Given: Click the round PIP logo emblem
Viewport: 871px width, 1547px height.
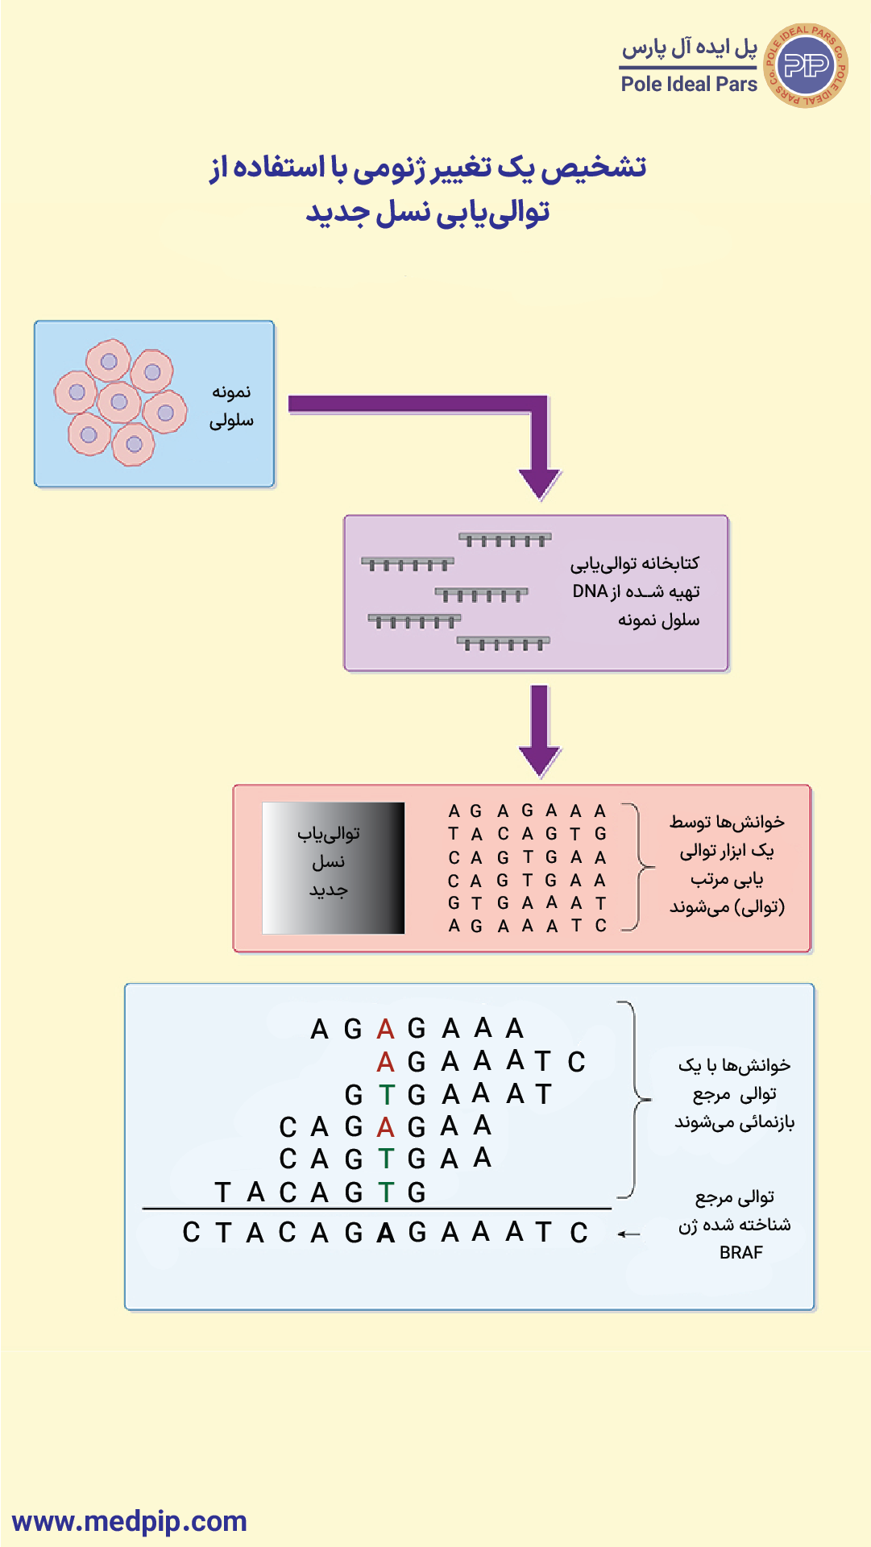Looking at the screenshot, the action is (x=805, y=65).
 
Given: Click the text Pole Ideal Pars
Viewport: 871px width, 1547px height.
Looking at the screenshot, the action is (x=689, y=84).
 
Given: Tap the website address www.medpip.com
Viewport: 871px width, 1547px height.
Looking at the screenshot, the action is (x=130, y=1521).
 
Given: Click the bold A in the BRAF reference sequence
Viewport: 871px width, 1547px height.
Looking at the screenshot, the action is (x=385, y=1233).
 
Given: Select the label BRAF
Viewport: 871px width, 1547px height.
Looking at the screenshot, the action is (x=740, y=1252).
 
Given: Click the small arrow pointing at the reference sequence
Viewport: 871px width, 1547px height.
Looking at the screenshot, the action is (x=628, y=1234).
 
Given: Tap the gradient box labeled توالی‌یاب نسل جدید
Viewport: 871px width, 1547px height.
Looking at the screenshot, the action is (x=333, y=868).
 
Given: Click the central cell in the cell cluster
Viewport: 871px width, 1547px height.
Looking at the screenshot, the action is (x=119, y=401).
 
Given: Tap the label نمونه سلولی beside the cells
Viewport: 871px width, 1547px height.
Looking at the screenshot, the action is (x=231, y=406).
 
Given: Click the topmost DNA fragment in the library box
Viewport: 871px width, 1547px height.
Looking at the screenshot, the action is (x=505, y=539).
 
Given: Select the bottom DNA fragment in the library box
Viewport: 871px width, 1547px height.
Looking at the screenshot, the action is (x=503, y=643).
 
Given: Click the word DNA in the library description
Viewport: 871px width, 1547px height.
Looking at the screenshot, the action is (x=590, y=591).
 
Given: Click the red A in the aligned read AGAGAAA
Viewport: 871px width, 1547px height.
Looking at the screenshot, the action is (x=385, y=1029).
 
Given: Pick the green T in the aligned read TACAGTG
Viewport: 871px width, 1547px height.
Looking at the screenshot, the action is (x=386, y=1192).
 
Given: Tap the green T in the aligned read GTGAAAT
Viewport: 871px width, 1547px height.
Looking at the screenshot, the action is (x=386, y=1095).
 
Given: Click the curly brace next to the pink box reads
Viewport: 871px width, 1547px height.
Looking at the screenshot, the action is (x=640, y=867).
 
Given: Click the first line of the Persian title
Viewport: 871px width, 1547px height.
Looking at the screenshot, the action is (x=428, y=168).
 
